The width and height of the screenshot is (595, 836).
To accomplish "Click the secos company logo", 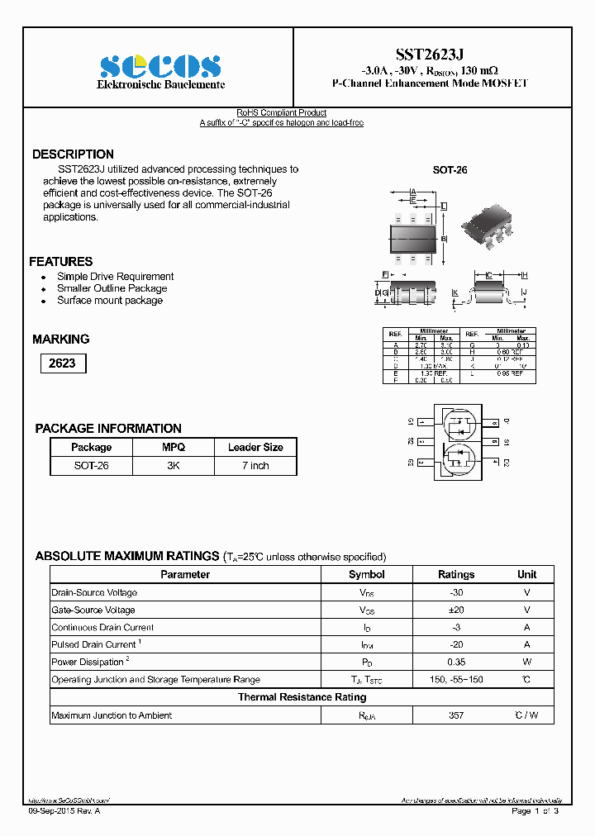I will (160, 66).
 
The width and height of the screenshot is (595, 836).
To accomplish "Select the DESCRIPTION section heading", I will (73, 154).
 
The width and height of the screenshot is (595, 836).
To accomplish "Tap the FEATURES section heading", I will (61, 261).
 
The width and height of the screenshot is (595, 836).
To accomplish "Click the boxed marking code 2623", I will (62, 363).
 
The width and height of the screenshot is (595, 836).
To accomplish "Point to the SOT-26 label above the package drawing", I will (450, 169).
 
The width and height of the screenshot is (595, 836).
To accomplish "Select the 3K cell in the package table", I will (174, 466).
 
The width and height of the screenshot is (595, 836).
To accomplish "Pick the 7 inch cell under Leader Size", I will (255, 466).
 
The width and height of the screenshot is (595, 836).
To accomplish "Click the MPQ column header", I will (174, 447).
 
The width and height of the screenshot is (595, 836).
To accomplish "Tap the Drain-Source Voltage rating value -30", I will (456, 592).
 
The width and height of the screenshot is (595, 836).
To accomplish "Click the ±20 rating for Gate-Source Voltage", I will (456, 610).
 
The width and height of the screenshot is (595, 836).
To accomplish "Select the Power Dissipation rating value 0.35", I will (456, 662).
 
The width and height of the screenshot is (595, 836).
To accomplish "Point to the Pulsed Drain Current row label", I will (94, 644).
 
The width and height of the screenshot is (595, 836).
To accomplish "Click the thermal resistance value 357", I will (456, 715).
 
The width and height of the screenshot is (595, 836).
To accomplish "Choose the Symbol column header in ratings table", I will (366, 574).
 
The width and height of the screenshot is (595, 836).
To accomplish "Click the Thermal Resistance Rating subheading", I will (302, 697).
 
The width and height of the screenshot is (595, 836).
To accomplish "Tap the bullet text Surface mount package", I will (110, 301).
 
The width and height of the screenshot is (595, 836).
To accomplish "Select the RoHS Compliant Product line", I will (282, 113).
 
